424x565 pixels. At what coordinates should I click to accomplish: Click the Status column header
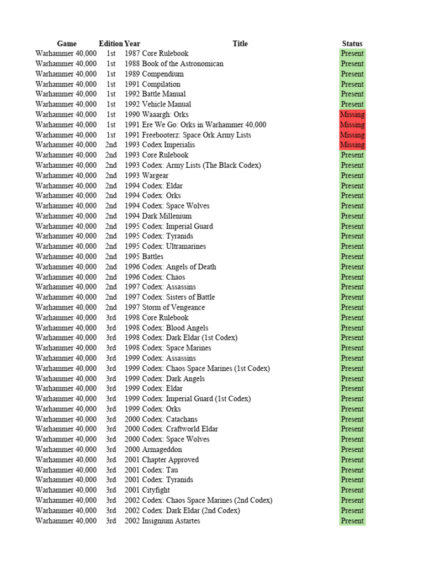[352, 44]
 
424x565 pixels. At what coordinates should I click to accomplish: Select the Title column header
[240, 44]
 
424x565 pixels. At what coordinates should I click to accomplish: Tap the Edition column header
[110, 44]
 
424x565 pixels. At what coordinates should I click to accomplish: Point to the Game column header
[67, 44]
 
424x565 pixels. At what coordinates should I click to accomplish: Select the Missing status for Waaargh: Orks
[352, 115]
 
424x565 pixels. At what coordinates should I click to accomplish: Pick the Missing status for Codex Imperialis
[352, 145]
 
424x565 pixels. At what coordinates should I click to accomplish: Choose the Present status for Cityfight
[352, 490]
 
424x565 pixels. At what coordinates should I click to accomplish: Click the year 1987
[132, 54]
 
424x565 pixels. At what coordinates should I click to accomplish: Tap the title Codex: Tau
[160, 470]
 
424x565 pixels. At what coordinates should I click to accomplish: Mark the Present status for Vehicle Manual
[352, 104]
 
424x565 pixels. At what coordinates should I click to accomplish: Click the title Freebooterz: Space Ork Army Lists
[197, 135]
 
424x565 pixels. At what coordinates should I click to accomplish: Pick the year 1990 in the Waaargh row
[132, 115]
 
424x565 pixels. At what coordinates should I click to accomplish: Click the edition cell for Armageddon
[111, 450]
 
